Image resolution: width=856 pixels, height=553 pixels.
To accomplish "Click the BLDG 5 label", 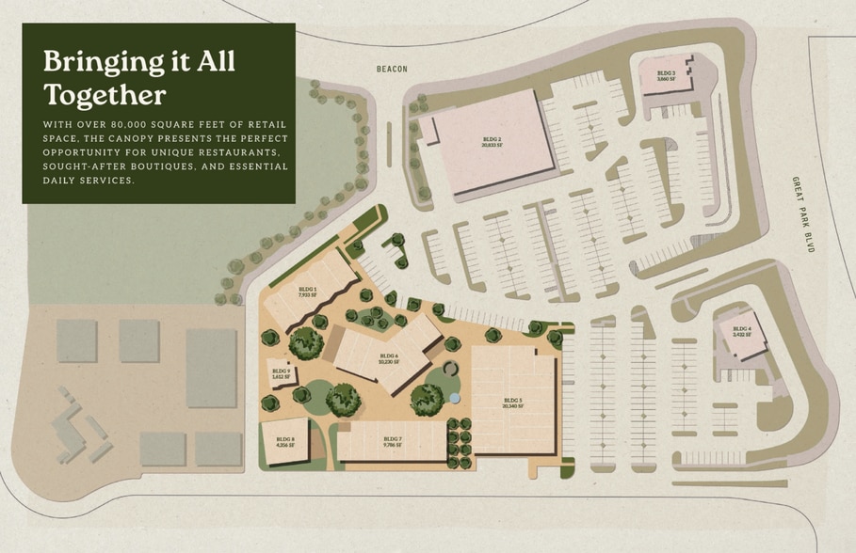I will tap(512, 401).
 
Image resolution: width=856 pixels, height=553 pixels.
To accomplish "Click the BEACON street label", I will tap(389, 70).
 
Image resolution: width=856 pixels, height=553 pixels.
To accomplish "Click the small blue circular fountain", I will tap(455, 399).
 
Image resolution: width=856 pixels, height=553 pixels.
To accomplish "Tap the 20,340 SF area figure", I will tap(512, 406).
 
